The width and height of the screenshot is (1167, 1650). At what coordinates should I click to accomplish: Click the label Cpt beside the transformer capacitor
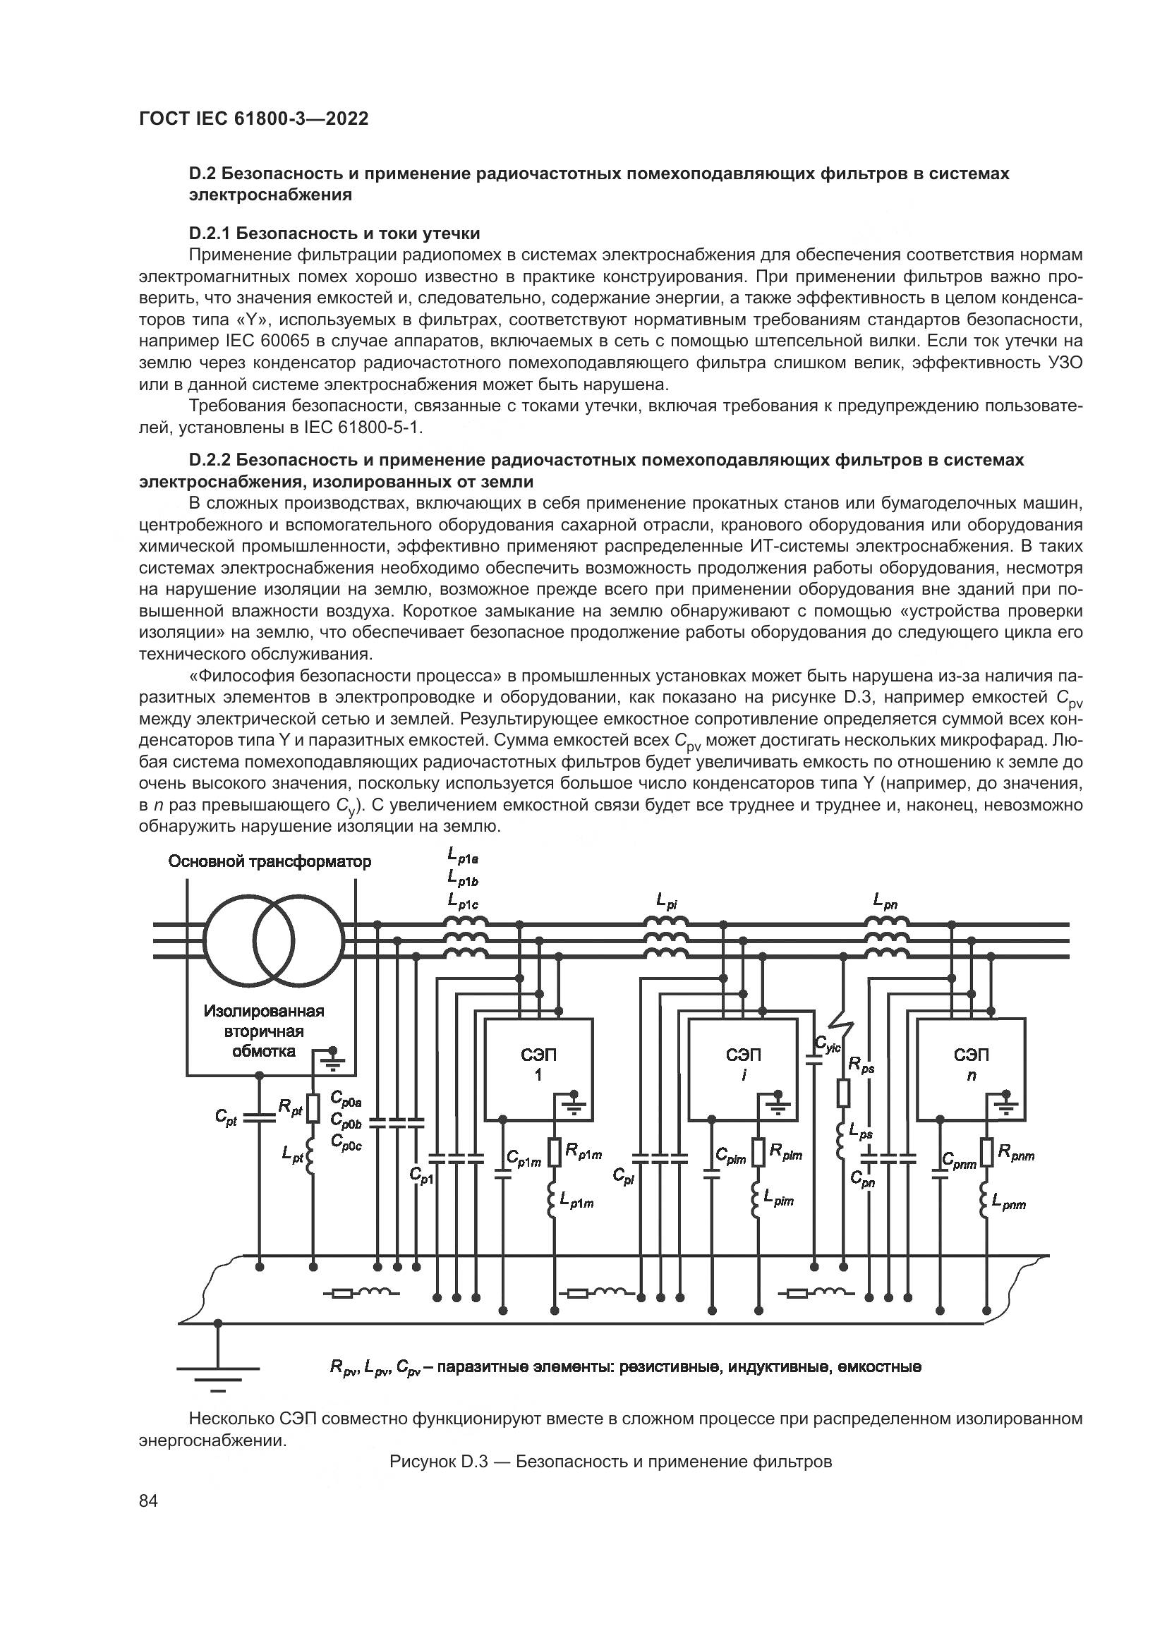click(226, 1116)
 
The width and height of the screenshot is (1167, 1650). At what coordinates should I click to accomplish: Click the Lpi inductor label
click(666, 900)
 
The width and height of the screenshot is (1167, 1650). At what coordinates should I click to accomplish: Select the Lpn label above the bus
click(885, 900)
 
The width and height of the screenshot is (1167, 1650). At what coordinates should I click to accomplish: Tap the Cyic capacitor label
click(827, 1044)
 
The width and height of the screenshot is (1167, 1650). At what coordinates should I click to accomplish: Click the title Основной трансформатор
click(270, 861)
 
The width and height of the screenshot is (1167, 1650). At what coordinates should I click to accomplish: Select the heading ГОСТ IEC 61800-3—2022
click(254, 119)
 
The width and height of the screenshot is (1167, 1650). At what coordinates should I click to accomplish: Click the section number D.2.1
click(209, 233)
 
